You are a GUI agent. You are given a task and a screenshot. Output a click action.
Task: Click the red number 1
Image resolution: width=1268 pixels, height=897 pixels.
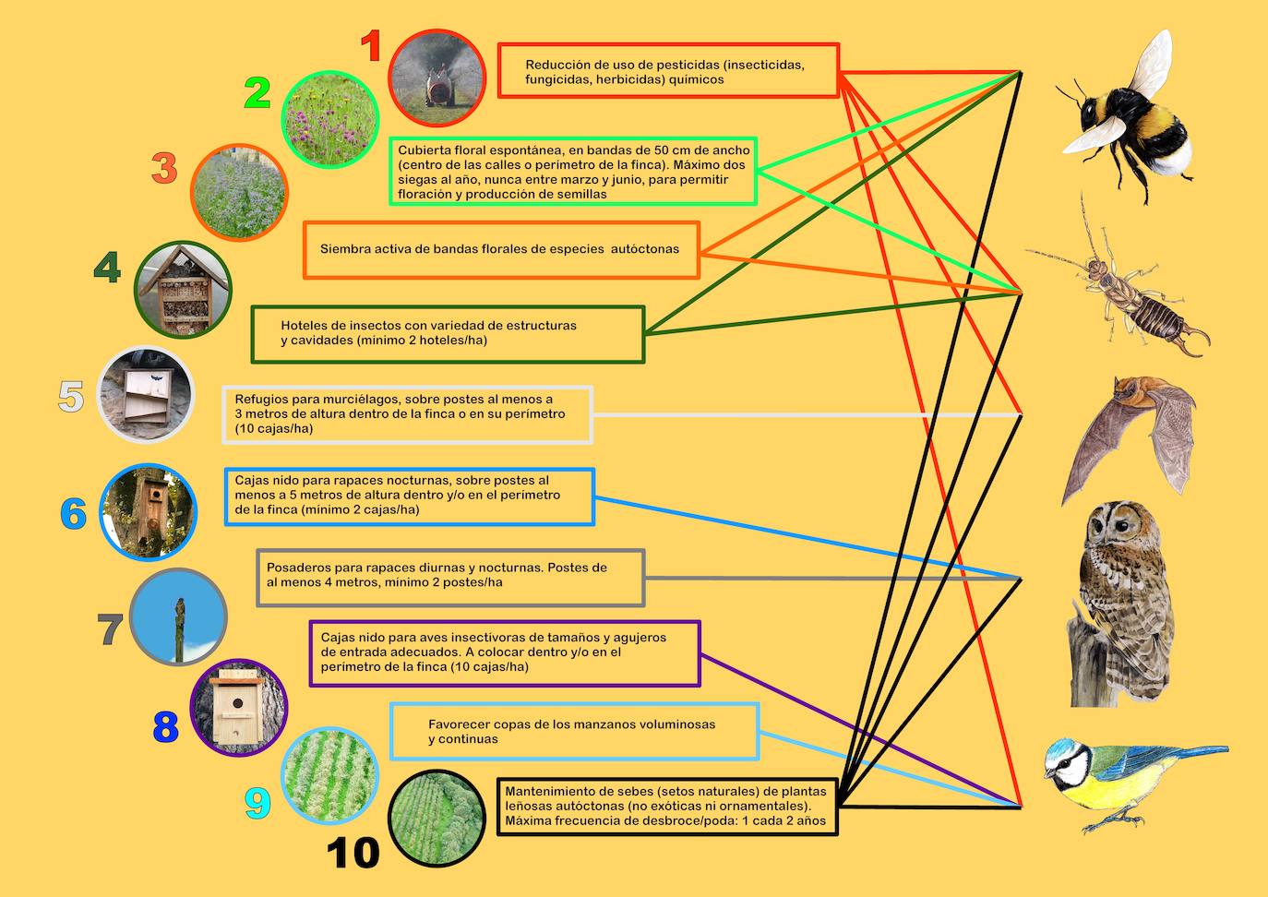click(370, 46)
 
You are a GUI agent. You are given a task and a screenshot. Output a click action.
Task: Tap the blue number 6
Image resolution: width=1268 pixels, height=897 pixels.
click(74, 514)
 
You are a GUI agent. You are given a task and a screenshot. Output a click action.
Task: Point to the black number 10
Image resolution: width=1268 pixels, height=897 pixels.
click(353, 853)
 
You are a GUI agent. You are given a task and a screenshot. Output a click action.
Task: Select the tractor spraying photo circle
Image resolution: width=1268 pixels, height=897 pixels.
click(437, 78)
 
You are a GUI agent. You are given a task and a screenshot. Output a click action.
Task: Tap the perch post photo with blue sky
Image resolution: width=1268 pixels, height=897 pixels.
click(178, 616)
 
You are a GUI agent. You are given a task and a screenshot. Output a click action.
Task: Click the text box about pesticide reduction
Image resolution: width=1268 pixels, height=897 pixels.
click(668, 70)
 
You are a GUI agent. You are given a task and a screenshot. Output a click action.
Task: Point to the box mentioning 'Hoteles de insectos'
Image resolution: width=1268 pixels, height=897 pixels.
click(448, 334)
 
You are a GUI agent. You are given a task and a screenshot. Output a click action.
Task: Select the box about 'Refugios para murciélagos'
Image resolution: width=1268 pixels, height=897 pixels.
click(407, 414)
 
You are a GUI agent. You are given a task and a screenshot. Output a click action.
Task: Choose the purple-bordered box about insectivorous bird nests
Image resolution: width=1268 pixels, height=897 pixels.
click(504, 652)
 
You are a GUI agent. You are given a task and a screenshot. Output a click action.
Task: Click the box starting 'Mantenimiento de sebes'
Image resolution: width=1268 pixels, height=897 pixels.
click(666, 807)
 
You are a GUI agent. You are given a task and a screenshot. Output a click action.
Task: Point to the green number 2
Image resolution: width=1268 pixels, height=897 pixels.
click(257, 93)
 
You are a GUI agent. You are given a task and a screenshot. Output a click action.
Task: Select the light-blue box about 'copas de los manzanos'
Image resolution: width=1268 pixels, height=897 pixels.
click(574, 732)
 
